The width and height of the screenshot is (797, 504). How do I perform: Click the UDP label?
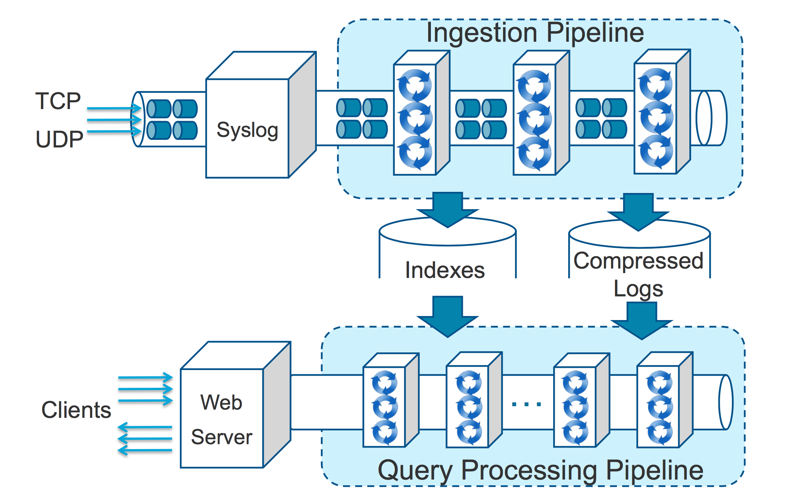pyautogui.click(x=59, y=139)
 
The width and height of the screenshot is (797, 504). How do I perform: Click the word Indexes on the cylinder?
pyautogui.click(x=445, y=270)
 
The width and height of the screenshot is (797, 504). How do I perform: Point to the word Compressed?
pyautogui.click(x=638, y=261)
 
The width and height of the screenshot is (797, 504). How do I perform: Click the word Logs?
pyautogui.click(x=638, y=289)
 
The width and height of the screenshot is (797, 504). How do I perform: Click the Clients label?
pyautogui.click(x=76, y=410)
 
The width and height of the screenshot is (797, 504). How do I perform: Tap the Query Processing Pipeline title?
pyautogui.click(x=540, y=470)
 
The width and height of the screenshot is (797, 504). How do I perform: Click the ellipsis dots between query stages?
pyautogui.click(x=526, y=404)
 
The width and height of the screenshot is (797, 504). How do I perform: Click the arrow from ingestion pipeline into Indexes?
pyautogui.click(x=447, y=209)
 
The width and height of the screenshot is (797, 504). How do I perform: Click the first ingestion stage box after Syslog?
pyautogui.click(x=415, y=119)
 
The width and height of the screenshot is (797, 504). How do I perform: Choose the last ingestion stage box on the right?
pyautogui.click(x=656, y=118)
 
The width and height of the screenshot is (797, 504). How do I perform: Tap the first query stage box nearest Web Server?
pyautogui.click(x=385, y=406)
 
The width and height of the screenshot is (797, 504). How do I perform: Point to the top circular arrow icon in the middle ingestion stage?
pyautogui.click(x=534, y=86)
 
